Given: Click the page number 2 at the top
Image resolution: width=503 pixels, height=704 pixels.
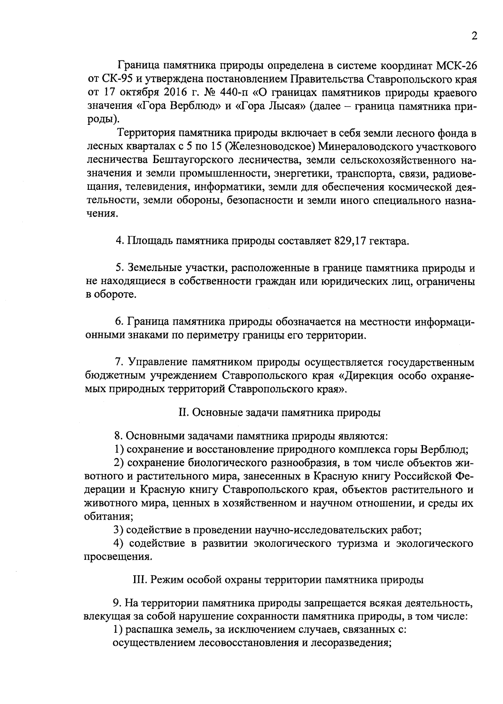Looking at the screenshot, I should [474, 36].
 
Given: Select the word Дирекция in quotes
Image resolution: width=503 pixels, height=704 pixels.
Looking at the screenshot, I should [368, 375].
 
